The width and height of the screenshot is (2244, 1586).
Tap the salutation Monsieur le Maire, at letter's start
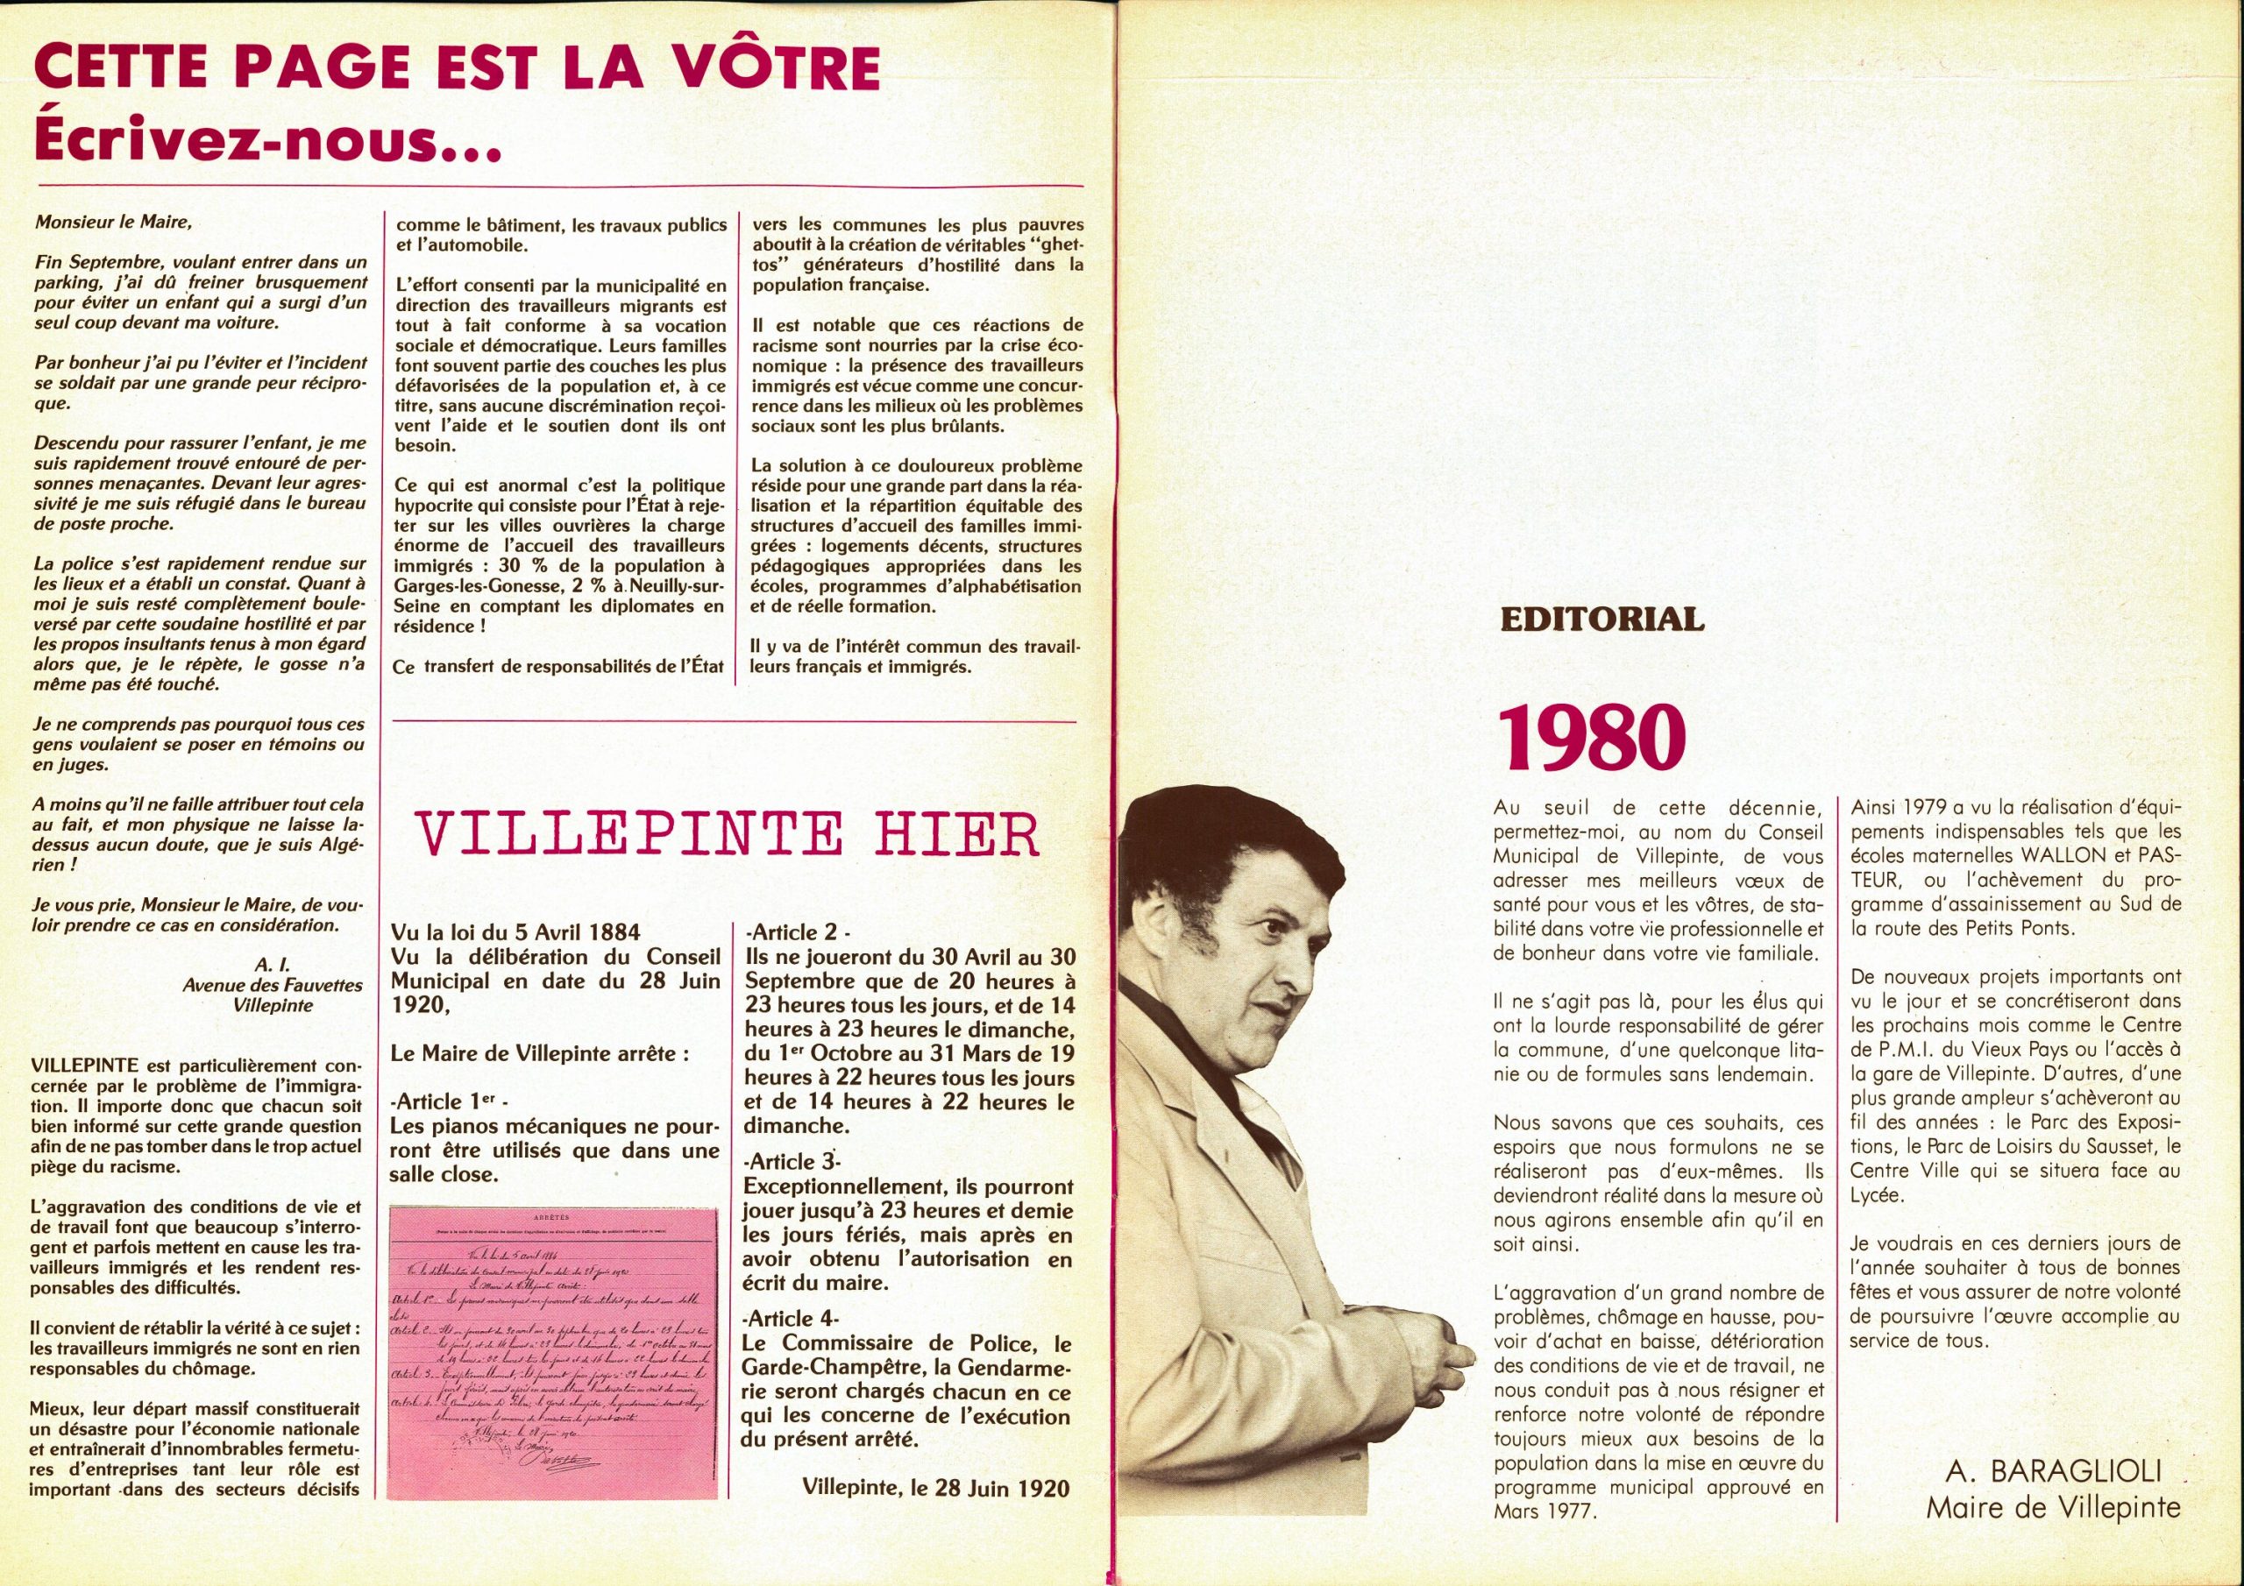coord(113,222)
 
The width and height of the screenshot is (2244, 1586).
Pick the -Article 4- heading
coord(792,1318)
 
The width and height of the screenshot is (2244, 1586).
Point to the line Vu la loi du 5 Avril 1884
coord(515,933)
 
